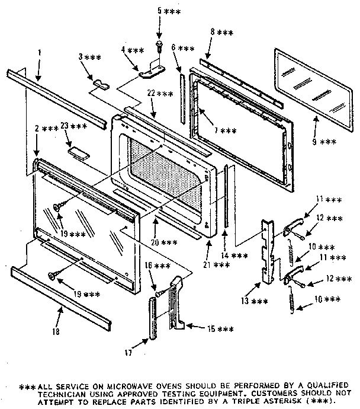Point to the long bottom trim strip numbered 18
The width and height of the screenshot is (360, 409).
coord(59,299)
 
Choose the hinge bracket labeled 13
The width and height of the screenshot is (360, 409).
coord(269,249)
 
